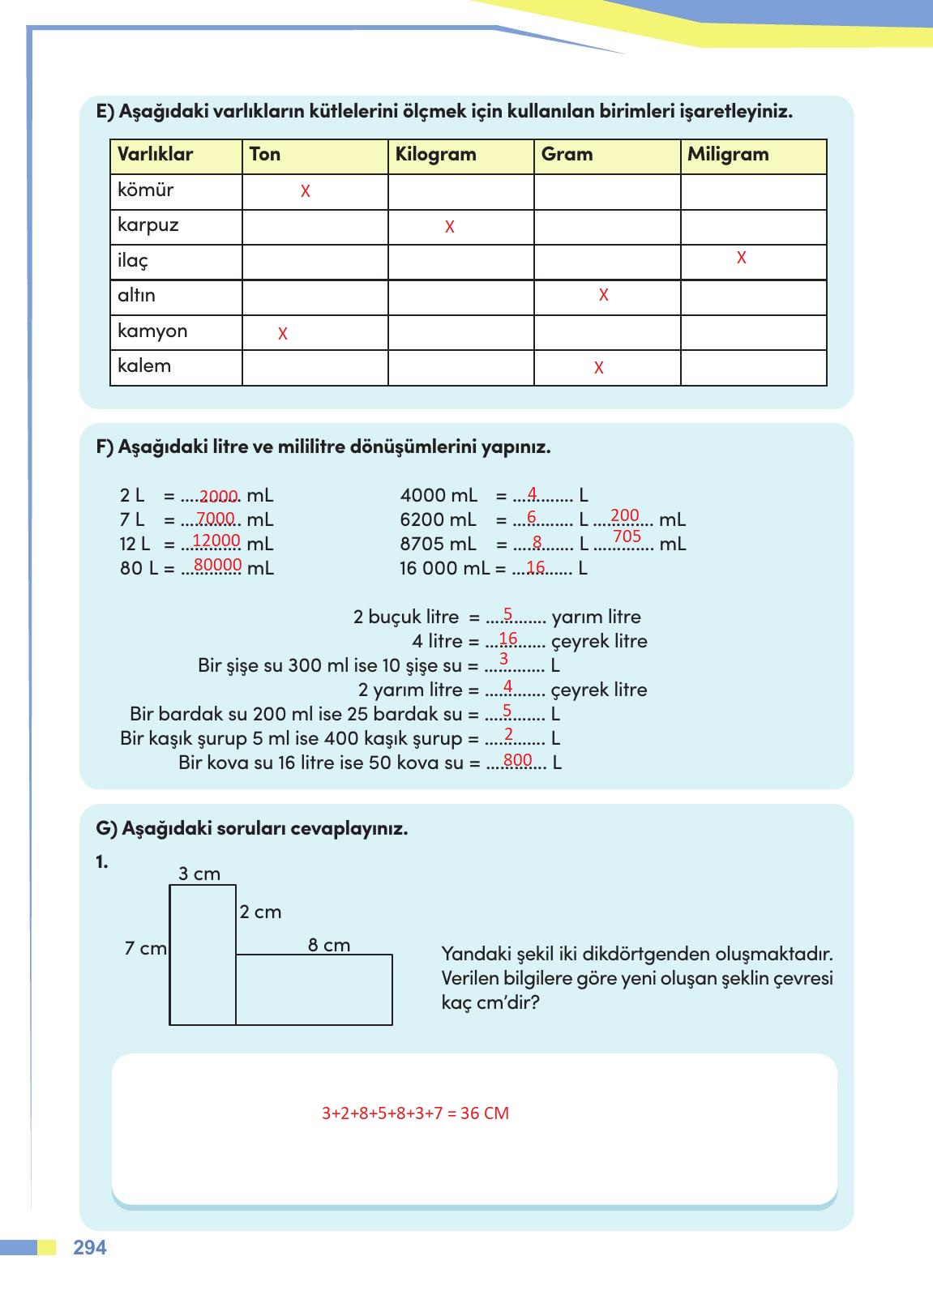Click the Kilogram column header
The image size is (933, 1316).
coord(435,155)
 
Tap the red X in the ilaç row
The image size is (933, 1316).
coord(741,258)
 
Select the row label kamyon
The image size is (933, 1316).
coord(152,331)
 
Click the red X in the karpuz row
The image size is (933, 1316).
coord(449,228)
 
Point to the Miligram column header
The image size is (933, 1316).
coord(727,155)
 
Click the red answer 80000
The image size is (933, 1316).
coord(218,565)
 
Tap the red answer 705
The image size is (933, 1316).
coord(627,536)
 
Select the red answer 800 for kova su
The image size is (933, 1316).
coord(517,760)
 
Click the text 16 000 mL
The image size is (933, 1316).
coord(444,569)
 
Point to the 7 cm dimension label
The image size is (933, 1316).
coord(145,948)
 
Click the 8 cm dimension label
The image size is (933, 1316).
coord(329,945)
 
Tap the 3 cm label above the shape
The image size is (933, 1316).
coord(199,874)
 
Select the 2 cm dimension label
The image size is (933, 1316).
coord(260,912)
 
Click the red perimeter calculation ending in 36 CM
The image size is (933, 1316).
coord(415,1113)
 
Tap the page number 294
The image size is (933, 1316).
coord(90,1248)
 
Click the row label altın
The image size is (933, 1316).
coord(136,296)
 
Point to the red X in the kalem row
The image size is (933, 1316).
coord(598,368)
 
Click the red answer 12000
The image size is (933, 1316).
coord(216,540)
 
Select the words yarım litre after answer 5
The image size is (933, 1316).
coord(596,617)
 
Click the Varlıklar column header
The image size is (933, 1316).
coord(155,155)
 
